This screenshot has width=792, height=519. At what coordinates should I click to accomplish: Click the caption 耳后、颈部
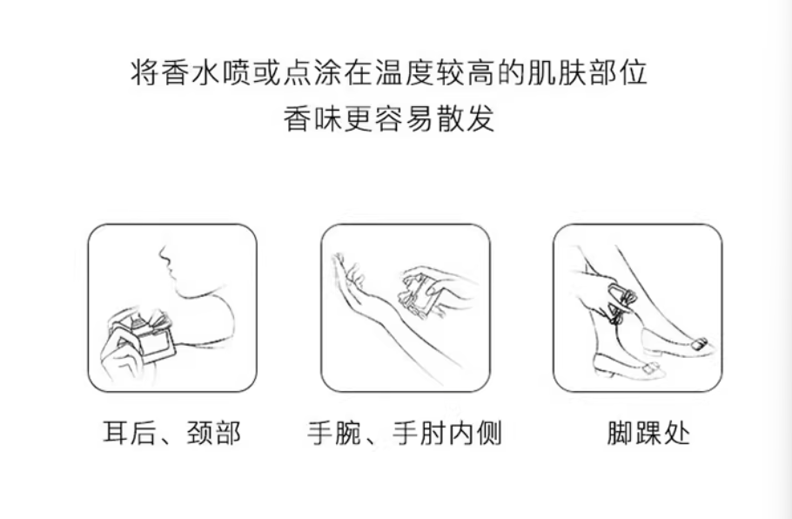(x=171, y=433)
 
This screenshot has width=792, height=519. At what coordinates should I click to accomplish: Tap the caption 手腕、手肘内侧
(x=405, y=433)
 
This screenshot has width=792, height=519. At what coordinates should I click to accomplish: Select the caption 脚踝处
(x=648, y=433)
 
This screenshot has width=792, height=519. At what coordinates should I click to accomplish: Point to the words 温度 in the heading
(x=405, y=72)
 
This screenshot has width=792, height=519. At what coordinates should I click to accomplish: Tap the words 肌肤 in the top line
(x=557, y=72)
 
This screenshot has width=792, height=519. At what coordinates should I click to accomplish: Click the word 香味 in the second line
(x=313, y=119)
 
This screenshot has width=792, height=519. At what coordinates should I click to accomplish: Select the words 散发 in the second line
(x=466, y=119)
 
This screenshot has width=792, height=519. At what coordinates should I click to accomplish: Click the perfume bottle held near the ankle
(x=621, y=303)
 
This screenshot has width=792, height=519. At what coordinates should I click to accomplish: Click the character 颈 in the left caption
(x=199, y=433)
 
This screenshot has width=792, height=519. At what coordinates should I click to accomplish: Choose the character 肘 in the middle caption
(x=433, y=433)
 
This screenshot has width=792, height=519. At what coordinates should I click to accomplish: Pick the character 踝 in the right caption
(x=648, y=433)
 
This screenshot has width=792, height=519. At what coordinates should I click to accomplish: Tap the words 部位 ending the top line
(x=618, y=72)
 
